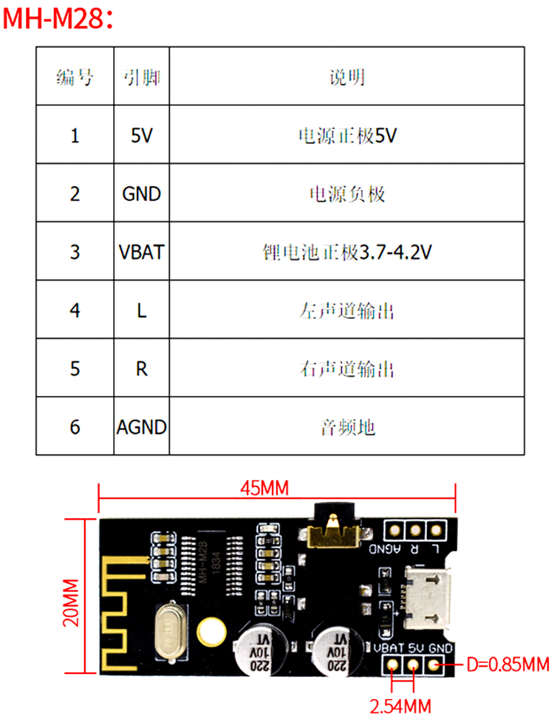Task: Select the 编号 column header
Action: (75, 77)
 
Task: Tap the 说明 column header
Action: (347, 77)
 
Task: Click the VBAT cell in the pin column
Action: (141, 252)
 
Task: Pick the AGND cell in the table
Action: (141, 427)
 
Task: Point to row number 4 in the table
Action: (75, 310)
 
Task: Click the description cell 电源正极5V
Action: (347, 136)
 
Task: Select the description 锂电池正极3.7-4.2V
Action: (347, 252)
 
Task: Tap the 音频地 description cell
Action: (347, 427)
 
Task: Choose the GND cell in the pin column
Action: (141, 193)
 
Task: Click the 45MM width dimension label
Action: (264, 488)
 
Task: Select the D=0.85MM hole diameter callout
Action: (508, 665)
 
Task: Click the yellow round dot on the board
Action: (211, 631)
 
